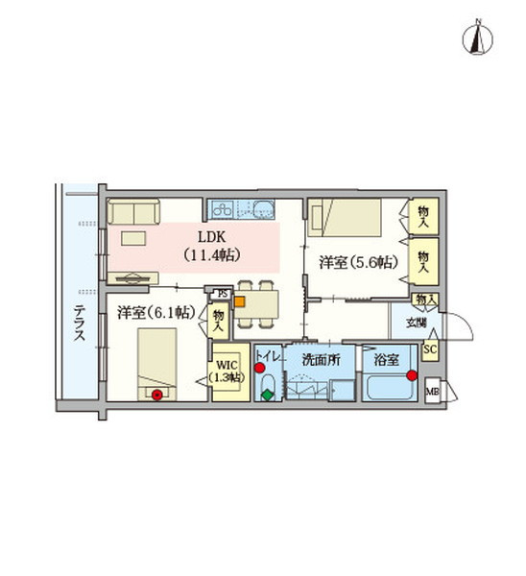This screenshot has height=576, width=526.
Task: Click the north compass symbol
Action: click(x=477, y=37)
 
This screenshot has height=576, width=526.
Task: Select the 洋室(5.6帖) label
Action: click(x=358, y=263)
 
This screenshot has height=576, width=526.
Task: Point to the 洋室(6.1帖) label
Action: click(x=156, y=313)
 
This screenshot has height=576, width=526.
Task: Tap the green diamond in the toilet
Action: click(x=268, y=396)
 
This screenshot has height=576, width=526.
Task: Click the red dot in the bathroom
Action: click(x=412, y=375)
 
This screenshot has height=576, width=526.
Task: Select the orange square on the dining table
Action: click(x=240, y=301)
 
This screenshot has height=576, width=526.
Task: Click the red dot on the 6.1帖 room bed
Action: click(x=156, y=395)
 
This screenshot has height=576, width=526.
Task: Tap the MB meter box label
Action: click(x=432, y=392)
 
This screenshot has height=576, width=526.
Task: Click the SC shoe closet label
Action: click(x=430, y=348)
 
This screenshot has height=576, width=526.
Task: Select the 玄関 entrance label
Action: click(x=417, y=324)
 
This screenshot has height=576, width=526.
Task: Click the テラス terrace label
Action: click(x=79, y=324)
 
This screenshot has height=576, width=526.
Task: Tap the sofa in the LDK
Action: click(x=133, y=211)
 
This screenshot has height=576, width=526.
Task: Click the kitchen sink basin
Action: click(x=262, y=210)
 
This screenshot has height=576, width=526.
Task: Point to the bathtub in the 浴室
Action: click(x=390, y=388)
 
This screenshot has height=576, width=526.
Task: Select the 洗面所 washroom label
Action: click(x=321, y=360)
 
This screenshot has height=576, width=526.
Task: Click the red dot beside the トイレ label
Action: click(x=260, y=368)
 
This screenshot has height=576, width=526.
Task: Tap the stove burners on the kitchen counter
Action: click(x=223, y=210)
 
